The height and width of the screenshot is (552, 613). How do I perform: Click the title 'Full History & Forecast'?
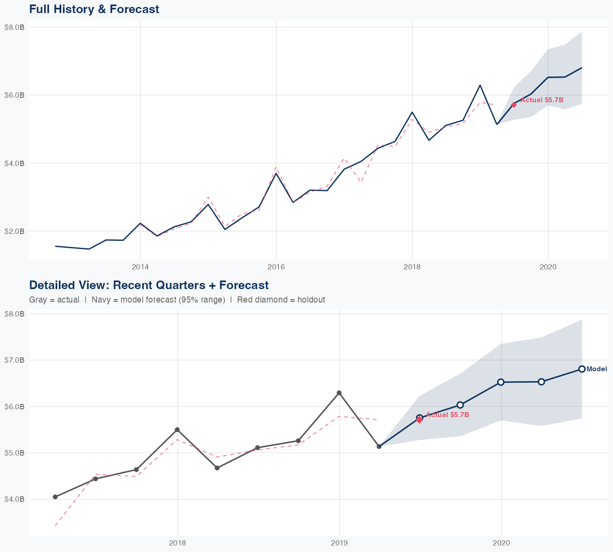point(94,9)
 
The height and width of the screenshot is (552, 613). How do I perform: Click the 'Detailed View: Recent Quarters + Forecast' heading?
point(149,285)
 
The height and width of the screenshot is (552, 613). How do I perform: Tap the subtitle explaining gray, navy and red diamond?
point(177,300)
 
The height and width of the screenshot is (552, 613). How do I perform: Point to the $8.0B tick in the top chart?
point(14,27)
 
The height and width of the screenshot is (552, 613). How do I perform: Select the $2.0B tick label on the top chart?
point(14,231)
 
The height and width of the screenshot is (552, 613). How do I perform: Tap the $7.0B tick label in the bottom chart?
point(14,360)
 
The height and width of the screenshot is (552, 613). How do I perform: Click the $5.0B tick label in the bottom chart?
point(14,453)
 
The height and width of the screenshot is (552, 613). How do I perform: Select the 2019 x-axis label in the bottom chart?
point(339,543)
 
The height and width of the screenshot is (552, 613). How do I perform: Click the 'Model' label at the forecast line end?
point(597,369)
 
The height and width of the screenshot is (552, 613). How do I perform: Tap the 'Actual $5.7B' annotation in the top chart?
point(542,100)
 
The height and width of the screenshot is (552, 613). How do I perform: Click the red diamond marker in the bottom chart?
point(419,420)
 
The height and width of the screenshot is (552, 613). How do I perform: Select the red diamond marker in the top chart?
point(514,105)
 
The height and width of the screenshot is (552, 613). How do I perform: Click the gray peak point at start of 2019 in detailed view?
point(339,393)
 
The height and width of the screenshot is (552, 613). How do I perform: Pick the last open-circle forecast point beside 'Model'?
point(582,369)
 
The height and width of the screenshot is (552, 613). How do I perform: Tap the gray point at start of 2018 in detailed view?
point(177,430)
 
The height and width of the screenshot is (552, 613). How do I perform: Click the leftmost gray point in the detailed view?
point(55,497)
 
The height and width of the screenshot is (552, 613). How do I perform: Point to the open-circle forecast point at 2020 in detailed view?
point(501,382)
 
